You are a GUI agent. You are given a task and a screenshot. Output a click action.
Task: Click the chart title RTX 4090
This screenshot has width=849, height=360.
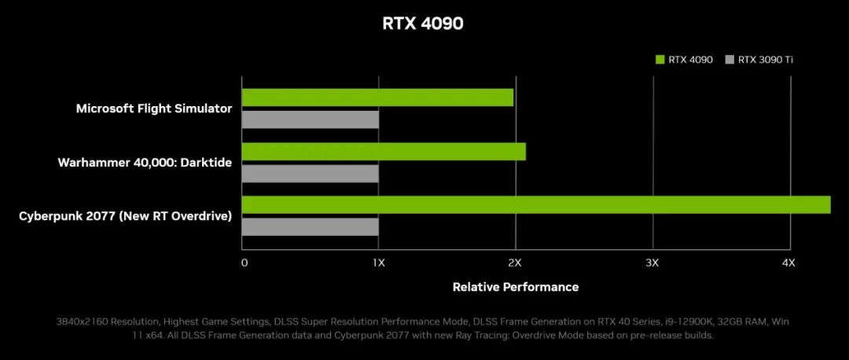[423, 24]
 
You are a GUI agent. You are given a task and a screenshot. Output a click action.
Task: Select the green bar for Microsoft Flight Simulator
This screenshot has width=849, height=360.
[377, 97]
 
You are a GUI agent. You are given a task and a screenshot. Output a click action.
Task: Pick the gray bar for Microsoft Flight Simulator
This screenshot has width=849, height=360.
[310, 119]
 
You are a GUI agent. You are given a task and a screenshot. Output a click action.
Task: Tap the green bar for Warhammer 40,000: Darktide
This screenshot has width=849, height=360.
[384, 151]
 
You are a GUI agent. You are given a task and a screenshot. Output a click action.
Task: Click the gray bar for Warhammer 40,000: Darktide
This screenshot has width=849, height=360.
[310, 173]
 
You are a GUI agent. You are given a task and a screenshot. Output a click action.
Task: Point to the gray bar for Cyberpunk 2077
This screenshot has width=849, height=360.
[310, 226]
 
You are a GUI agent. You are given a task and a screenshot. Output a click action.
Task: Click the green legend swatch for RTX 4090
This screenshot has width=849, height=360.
[660, 59]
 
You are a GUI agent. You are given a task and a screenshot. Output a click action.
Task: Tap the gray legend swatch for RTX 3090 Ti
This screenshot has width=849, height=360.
[730, 59]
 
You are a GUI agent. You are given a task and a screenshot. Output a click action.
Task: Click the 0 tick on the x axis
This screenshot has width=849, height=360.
[244, 263]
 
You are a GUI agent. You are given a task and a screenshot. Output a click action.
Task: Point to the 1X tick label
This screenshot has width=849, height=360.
[379, 263]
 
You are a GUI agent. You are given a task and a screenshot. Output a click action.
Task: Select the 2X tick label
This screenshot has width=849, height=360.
[515, 263]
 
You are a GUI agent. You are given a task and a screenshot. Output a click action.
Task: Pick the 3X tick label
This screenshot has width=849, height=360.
[652, 263]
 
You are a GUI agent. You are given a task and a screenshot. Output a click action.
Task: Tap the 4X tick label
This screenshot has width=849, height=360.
[788, 263]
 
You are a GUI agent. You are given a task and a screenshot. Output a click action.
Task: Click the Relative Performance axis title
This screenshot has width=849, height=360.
[516, 287]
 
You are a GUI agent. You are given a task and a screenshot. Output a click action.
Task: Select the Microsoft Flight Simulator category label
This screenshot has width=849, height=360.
[154, 108]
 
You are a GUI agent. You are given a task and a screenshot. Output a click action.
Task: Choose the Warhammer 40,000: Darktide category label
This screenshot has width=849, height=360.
[145, 162]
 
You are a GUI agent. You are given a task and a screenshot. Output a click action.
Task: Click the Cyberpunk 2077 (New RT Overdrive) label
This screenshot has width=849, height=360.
[126, 215]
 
